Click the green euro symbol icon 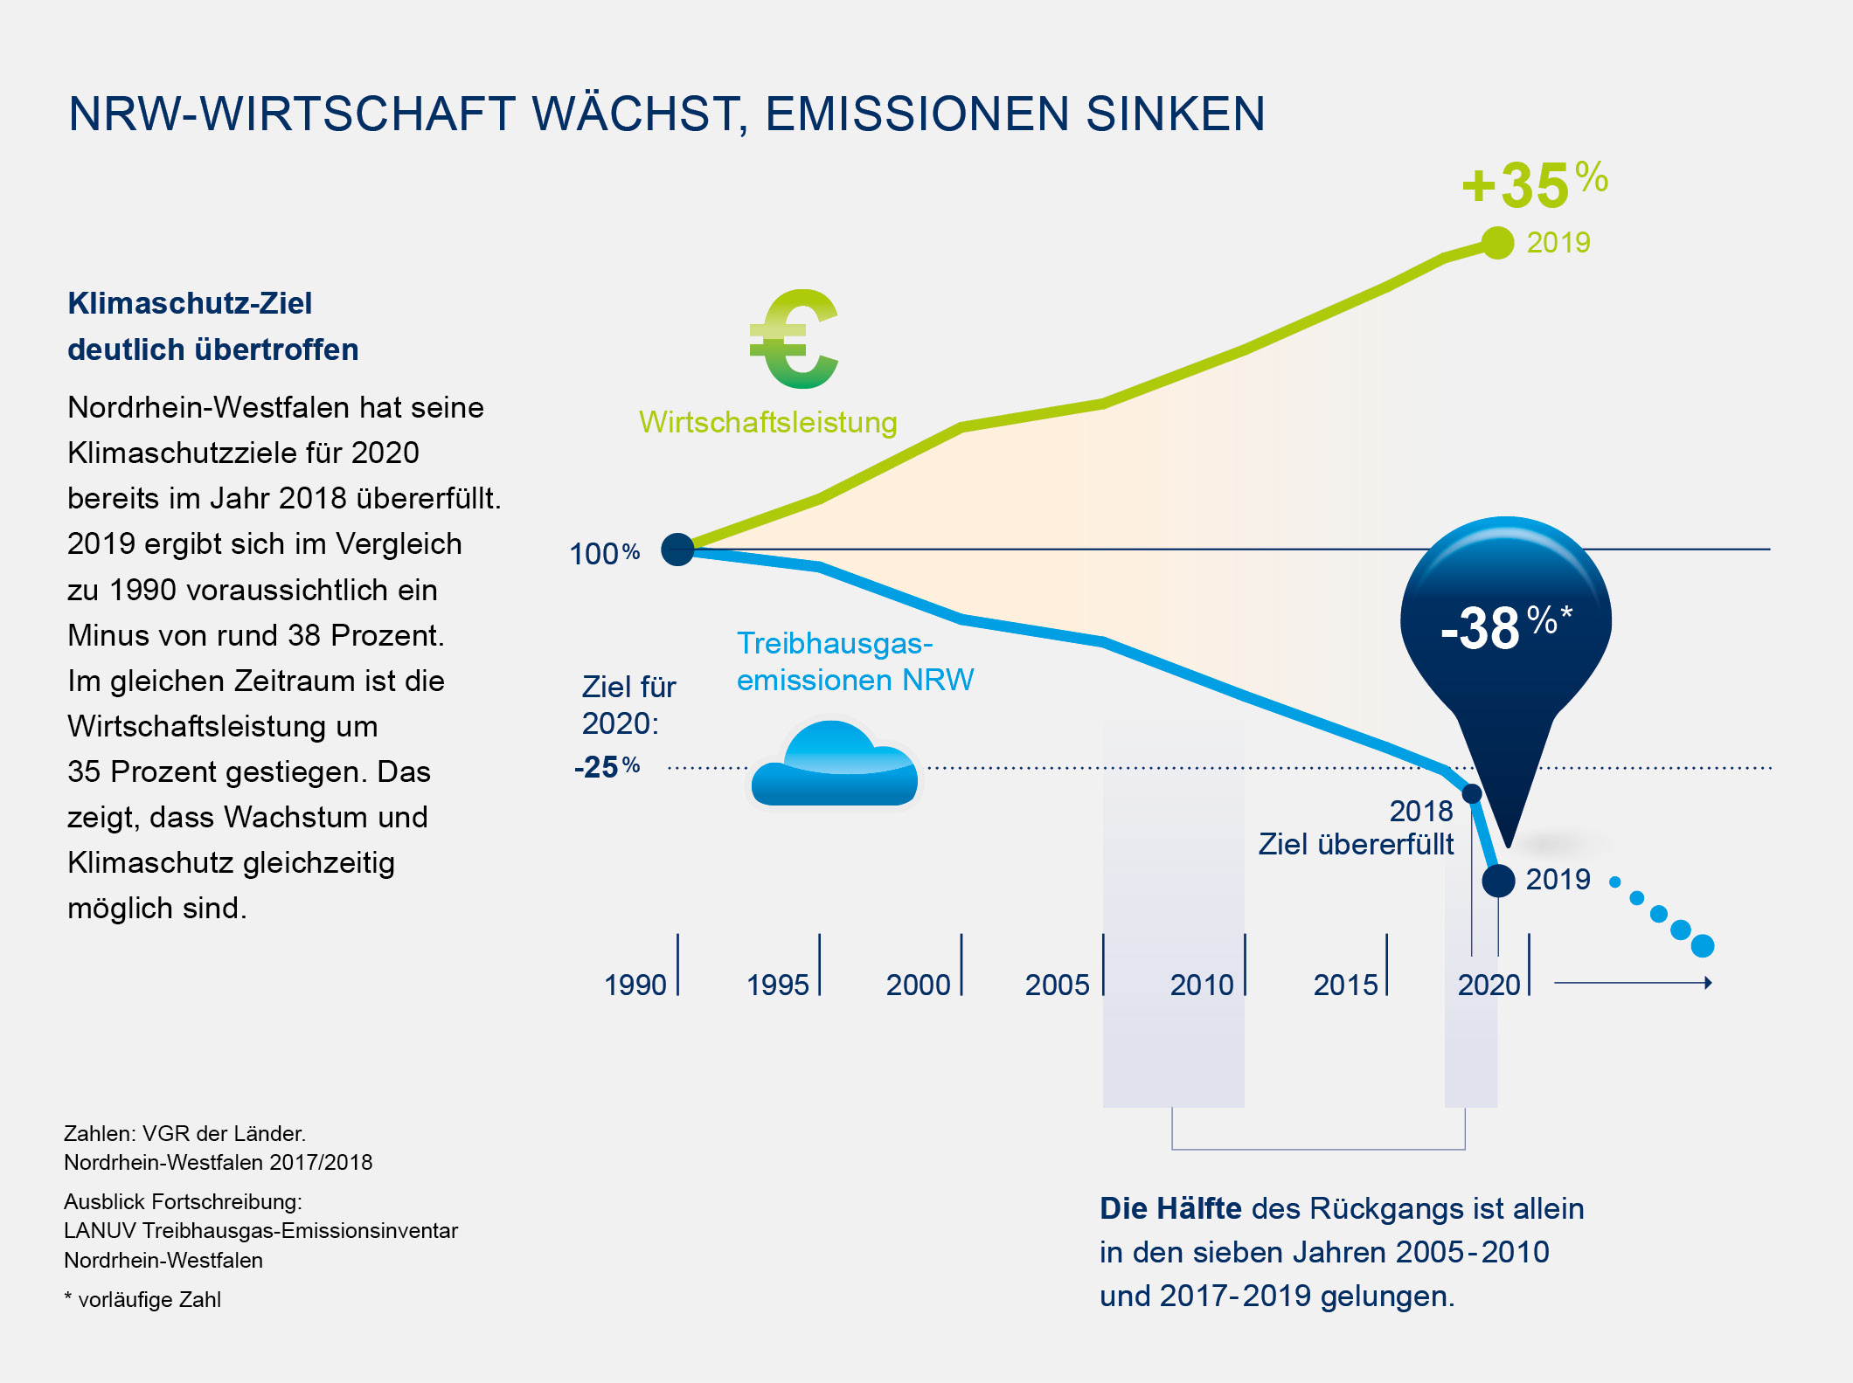(794, 339)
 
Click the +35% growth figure (1534, 184)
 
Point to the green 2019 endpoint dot (1498, 243)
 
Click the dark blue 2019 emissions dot (1498, 881)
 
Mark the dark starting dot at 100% (677, 550)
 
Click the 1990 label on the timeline (635, 985)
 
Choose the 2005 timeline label (1057, 985)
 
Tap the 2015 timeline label (1345, 985)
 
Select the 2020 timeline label (1489, 985)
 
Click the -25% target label (607, 767)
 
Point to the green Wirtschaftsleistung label (768, 422)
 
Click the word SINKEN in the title (1176, 114)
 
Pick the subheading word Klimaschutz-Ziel (190, 303)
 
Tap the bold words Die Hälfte (1170, 1208)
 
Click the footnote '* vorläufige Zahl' (142, 1299)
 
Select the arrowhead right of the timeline (1708, 983)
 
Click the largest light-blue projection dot (1703, 945)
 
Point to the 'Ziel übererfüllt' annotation (1356, 844)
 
